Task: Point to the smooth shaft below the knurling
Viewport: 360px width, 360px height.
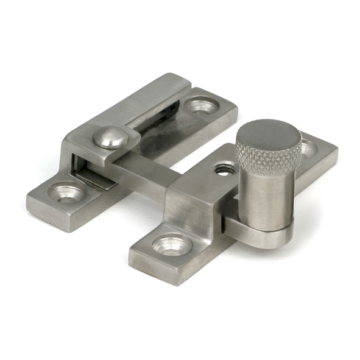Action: pos(262,195)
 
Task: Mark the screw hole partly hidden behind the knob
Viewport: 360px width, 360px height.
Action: pos(308,147)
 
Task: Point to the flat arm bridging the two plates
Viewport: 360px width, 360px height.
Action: pos(143,171)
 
